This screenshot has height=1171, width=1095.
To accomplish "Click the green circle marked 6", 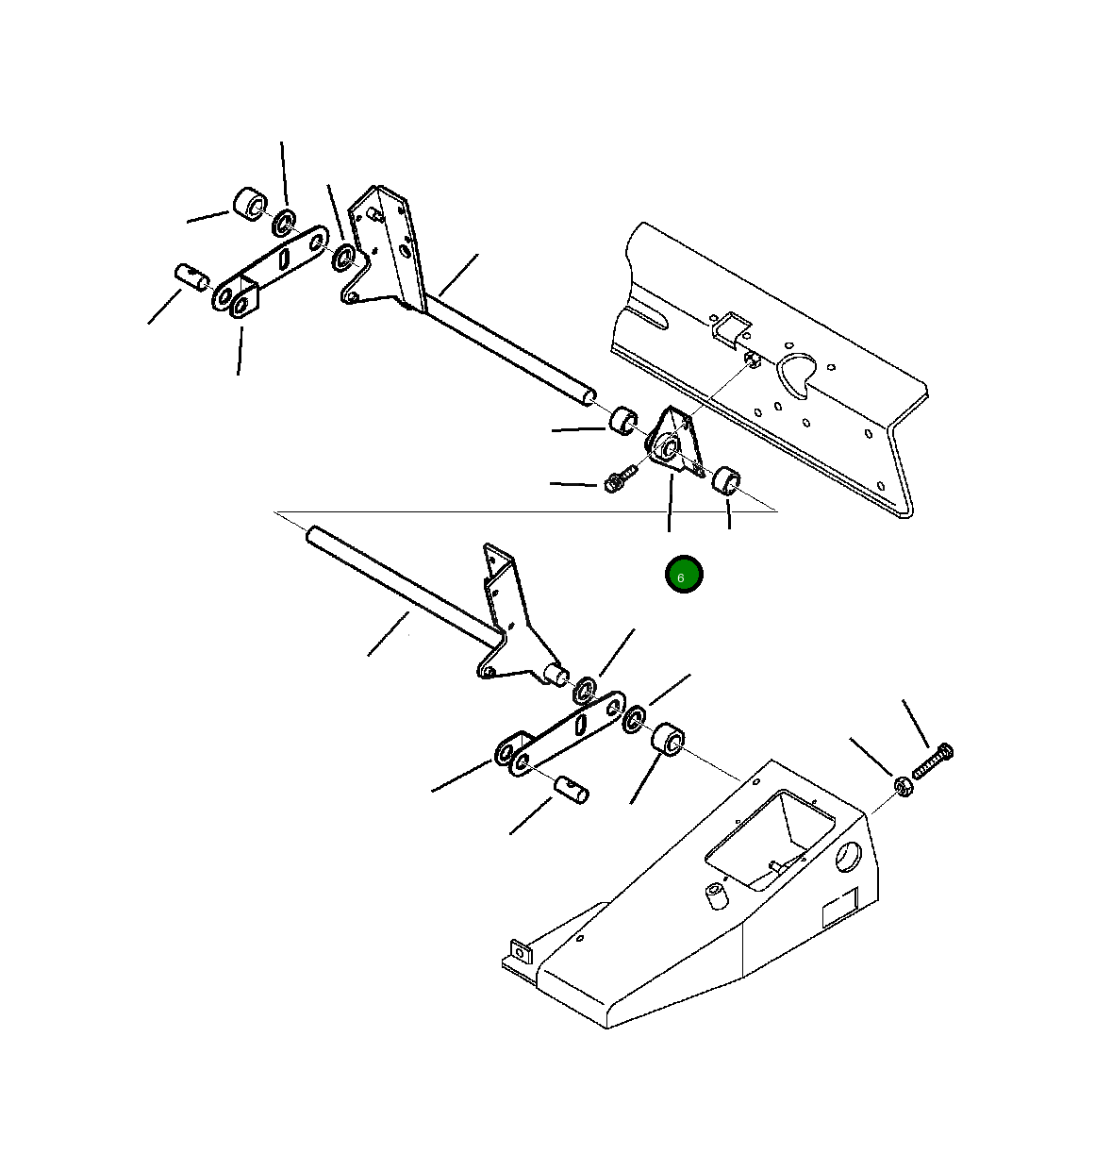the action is (684, 574).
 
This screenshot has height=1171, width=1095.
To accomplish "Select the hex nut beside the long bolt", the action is (904, 787).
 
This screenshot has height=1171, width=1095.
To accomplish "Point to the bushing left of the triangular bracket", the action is (622, 421).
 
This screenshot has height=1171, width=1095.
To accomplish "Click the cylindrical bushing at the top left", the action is (251, 204).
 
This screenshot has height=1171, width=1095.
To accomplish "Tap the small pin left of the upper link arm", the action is (191, 277).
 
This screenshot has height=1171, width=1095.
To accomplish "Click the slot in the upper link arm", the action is (284, 259).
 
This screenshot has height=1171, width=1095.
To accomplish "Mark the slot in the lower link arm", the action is (580, 724).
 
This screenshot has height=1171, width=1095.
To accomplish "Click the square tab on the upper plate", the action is (731, 326).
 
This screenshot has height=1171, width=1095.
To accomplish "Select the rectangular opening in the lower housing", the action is (770, 840).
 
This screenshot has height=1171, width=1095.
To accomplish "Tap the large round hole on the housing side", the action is (848, 858).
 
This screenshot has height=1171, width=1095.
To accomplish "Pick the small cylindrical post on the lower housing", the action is (716, 896).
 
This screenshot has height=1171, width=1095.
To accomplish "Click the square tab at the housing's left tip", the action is (521, 953).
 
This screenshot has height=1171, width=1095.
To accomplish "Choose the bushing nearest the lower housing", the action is (668, 739).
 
